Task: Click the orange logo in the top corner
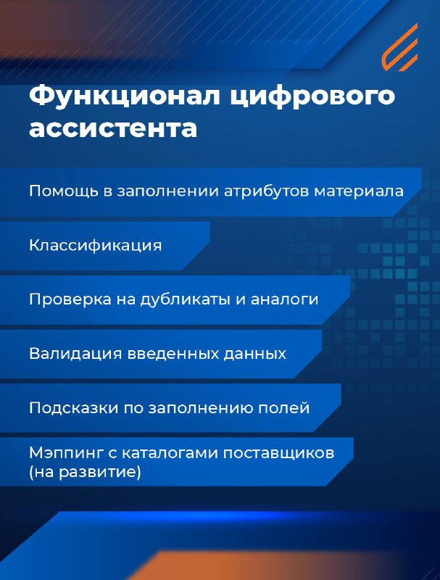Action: (400, 47)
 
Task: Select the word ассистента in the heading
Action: (113, 128)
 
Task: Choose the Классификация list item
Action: (96, 246)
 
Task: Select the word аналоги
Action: (285, 299)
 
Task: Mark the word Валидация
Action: (75, 354)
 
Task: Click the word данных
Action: (254, 354)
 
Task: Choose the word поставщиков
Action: (279, 452)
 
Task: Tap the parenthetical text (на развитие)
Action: (85, 473)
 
